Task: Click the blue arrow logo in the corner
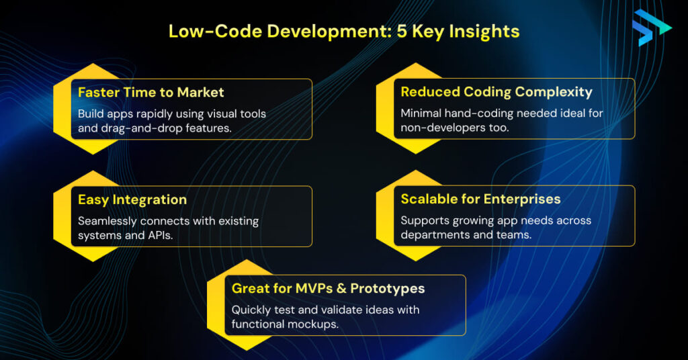(x=651, y=28)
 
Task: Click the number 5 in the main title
(x=402, y=32)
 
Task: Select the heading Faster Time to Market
(x=151, y=93)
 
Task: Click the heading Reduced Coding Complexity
(x=497, y=92)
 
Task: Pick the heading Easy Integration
(x=132, y=199)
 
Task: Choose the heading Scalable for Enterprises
(x=480, y=199)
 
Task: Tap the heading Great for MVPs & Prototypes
(x=328, y=289)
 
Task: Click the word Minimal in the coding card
(x=421, y=113)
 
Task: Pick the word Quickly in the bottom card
(x=251, y=310)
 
